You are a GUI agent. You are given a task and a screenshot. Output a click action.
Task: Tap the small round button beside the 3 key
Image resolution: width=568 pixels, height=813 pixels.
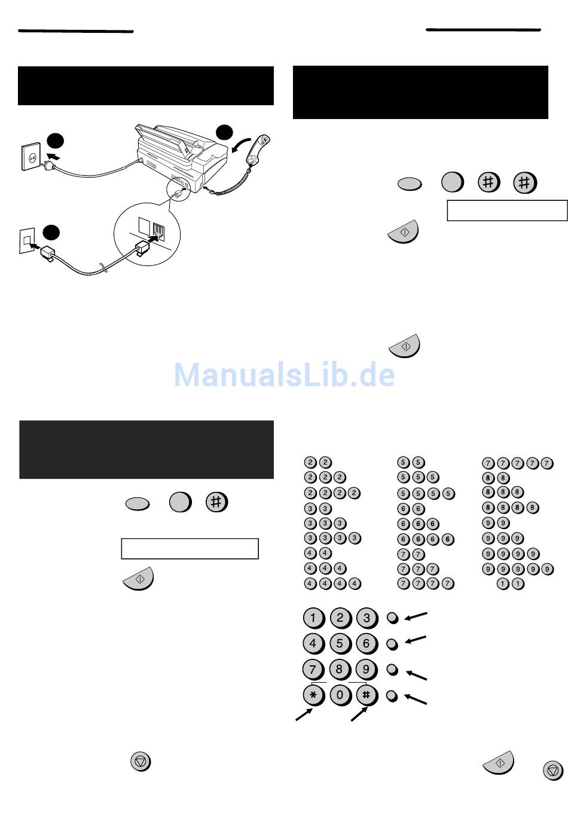click(x=393, y=618)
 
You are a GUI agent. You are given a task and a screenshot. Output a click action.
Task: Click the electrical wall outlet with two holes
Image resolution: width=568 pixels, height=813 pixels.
click(x=30, y=157)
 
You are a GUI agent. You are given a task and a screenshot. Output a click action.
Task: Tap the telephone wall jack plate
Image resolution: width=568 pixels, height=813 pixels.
click(x=27, y=240)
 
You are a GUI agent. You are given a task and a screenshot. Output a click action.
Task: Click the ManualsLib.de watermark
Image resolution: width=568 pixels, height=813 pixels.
click(x=284, y=374)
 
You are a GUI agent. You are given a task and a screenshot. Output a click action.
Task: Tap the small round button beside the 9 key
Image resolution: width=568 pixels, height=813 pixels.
click(x=392, y=670)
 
